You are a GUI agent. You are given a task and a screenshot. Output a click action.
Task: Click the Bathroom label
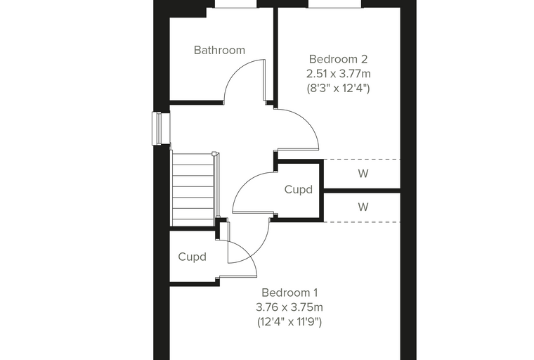(x=219, y=50)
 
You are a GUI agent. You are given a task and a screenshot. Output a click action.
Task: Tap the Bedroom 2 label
(x=338, y=59)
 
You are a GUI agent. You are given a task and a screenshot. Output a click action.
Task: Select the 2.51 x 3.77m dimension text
(x=338, y=74)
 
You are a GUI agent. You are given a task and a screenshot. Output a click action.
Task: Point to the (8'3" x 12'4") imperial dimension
(x=338, y=89)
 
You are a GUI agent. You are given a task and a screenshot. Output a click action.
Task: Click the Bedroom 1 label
(x=289, y=292)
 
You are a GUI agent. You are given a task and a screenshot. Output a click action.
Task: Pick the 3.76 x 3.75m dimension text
(x=289, y=307)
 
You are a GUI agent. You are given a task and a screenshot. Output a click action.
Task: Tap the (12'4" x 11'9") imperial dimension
(x=289, y=322)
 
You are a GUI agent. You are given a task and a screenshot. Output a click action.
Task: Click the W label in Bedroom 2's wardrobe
(x=363, y=174)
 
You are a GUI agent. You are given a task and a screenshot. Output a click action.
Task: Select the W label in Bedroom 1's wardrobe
(x=363, y=207)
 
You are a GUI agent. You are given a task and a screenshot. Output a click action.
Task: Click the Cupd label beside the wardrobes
(x=299, y=190)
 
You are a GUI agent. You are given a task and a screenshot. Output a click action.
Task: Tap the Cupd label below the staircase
(x=192, y=257)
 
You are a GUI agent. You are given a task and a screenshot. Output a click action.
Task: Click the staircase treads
(x=193, y=189)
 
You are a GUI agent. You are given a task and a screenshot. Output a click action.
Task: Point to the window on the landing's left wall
(x=161, y=128)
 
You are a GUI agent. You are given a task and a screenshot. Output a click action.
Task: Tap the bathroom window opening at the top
(x=235, y=4)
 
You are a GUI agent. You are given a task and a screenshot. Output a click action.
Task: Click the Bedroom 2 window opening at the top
(x=335, y=4)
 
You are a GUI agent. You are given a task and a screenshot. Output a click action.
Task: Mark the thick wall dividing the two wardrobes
(x=362, y=191)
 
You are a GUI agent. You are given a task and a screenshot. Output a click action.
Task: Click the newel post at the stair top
(x=214, y=153)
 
